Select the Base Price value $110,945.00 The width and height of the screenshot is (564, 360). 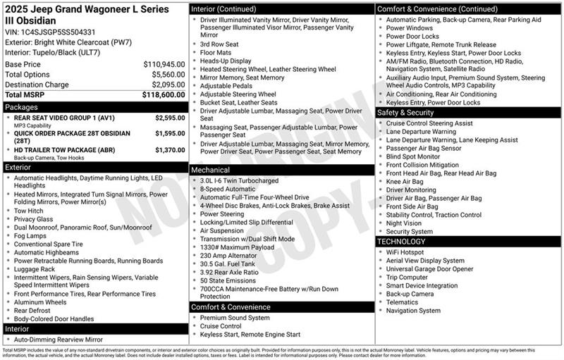164,64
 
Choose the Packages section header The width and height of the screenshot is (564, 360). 21,107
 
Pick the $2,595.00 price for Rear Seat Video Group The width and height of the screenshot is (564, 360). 170,118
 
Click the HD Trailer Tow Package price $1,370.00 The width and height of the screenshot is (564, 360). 170,149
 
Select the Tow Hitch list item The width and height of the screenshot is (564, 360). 29,211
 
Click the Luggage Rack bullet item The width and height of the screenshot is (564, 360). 35,269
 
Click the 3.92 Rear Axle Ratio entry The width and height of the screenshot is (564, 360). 229,271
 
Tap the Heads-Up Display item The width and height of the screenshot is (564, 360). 226,61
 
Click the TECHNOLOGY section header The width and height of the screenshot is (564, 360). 402,241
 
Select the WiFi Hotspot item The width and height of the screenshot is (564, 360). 405,252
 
